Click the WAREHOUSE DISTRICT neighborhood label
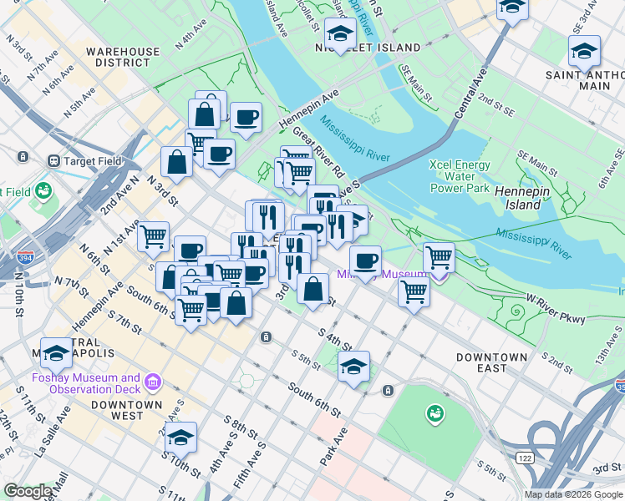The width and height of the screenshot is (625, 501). [x=122, y=57]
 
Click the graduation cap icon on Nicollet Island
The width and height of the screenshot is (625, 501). [x=339, y=34]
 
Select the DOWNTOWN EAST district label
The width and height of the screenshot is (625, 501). [x=492, y=362]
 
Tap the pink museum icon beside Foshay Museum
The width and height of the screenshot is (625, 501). [x=152, y=382]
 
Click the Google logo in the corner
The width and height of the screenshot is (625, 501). [x=28, y=491]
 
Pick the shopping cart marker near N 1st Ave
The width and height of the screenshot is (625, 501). [x=154, y=237]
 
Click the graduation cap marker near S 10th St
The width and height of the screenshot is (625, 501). [x=180, y=437]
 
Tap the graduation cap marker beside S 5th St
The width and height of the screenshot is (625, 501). [x=354, y=367]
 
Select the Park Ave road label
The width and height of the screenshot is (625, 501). [x=333, y=448]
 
